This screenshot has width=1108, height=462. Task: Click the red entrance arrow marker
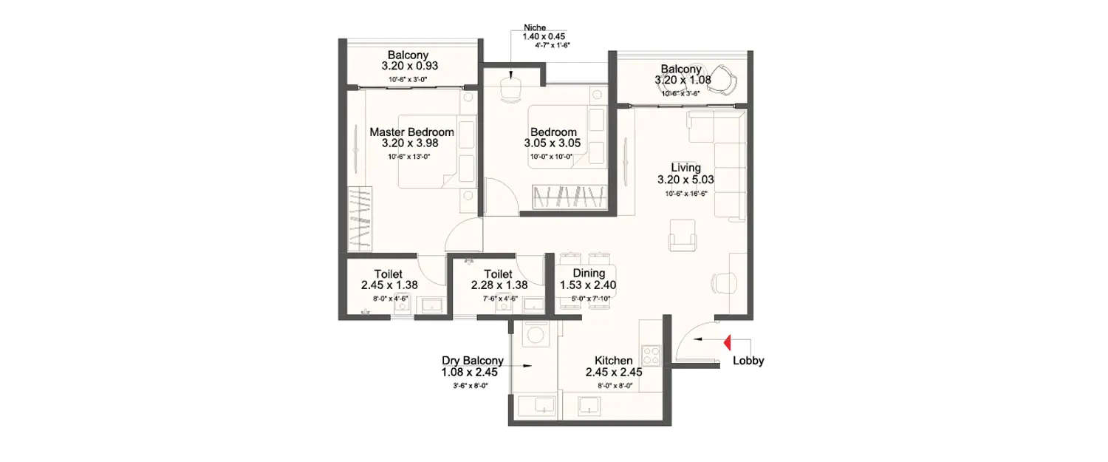point(727,342)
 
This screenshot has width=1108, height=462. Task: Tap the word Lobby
point(748,361)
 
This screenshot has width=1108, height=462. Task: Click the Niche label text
point(535,27)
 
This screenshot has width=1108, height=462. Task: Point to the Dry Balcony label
point(473,361)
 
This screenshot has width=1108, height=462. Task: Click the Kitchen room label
point(613,361)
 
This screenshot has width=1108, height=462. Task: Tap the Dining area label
point(589,274)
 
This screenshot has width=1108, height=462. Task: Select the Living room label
point(686,168)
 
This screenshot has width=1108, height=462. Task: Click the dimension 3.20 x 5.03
point(686,180)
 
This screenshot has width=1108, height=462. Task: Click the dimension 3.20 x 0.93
point(408,67)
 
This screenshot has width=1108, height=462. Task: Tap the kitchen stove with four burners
point(652,356)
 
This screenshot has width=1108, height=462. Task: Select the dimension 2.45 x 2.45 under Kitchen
point(613,373)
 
